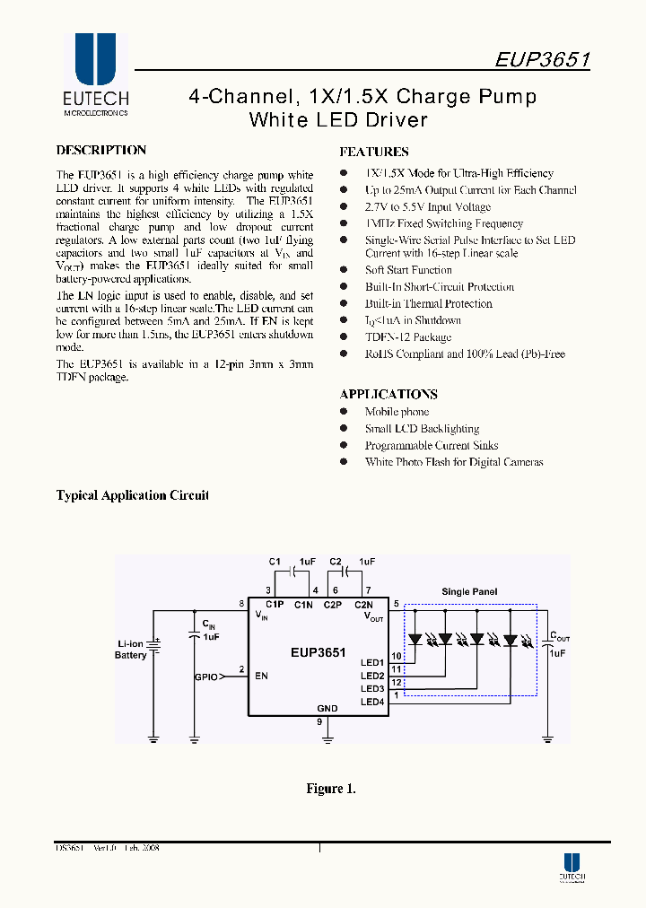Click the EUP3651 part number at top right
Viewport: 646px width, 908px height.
[542, 60]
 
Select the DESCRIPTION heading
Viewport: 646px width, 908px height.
[100, 151]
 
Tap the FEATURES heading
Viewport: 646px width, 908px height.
[374, 153]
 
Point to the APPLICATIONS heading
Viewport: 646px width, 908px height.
[388, 395]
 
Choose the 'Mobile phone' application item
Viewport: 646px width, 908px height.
[397, 412]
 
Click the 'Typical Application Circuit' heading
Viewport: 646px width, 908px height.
[132, 495]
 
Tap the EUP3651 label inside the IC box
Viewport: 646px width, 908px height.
[318, 653]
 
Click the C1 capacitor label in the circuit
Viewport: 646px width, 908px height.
[275, 562]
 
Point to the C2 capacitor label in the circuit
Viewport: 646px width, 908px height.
[336, 562]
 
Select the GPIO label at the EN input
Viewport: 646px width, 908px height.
[205, 678]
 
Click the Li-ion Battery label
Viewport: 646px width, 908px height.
[131, 650]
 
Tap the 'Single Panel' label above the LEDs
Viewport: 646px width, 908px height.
[469, 592]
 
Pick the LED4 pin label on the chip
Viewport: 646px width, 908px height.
[372, 702]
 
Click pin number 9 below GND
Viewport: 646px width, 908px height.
[319, 721]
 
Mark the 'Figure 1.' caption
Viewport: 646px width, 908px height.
[331, 789]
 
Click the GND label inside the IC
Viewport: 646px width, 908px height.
[327, 708]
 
